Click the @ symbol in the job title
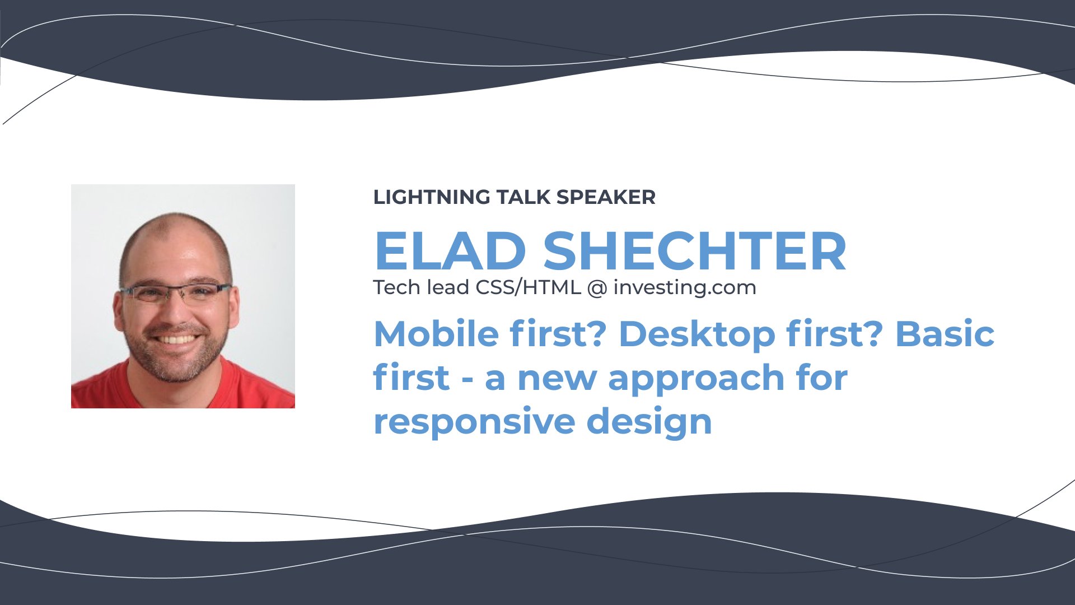pos(597,288)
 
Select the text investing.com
pos(685,288)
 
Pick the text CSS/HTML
pos(528,287)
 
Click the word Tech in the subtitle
pos(397,287)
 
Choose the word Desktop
pos(697,335)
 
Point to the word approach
pos(697,379)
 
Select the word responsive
pos(474,422)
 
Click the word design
pos(649,422)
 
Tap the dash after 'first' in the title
pos(467,380)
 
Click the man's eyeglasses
pos(175,293)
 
